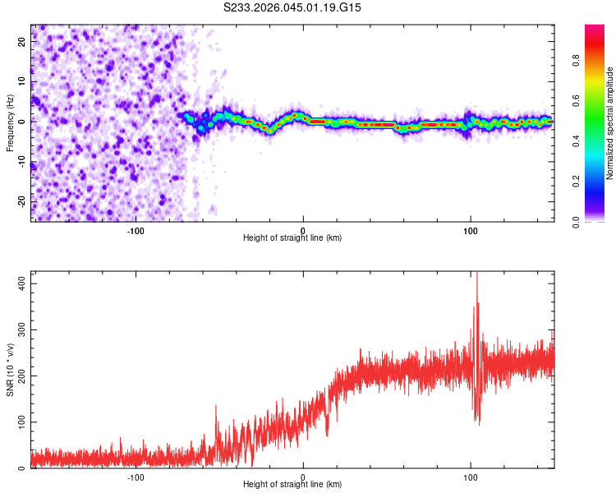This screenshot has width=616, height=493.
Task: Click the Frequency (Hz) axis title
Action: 10,122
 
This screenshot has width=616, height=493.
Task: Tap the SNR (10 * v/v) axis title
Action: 10,370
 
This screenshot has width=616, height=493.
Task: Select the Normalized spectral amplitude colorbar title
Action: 609,123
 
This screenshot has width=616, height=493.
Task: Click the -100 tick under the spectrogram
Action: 136,230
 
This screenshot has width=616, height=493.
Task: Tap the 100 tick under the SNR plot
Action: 471,477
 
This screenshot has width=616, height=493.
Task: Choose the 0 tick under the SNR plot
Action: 303,477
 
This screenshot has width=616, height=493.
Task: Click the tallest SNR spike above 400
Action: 477,276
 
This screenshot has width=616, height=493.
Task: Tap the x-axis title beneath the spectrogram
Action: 292,238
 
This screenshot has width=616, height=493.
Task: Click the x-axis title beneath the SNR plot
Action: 292,485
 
